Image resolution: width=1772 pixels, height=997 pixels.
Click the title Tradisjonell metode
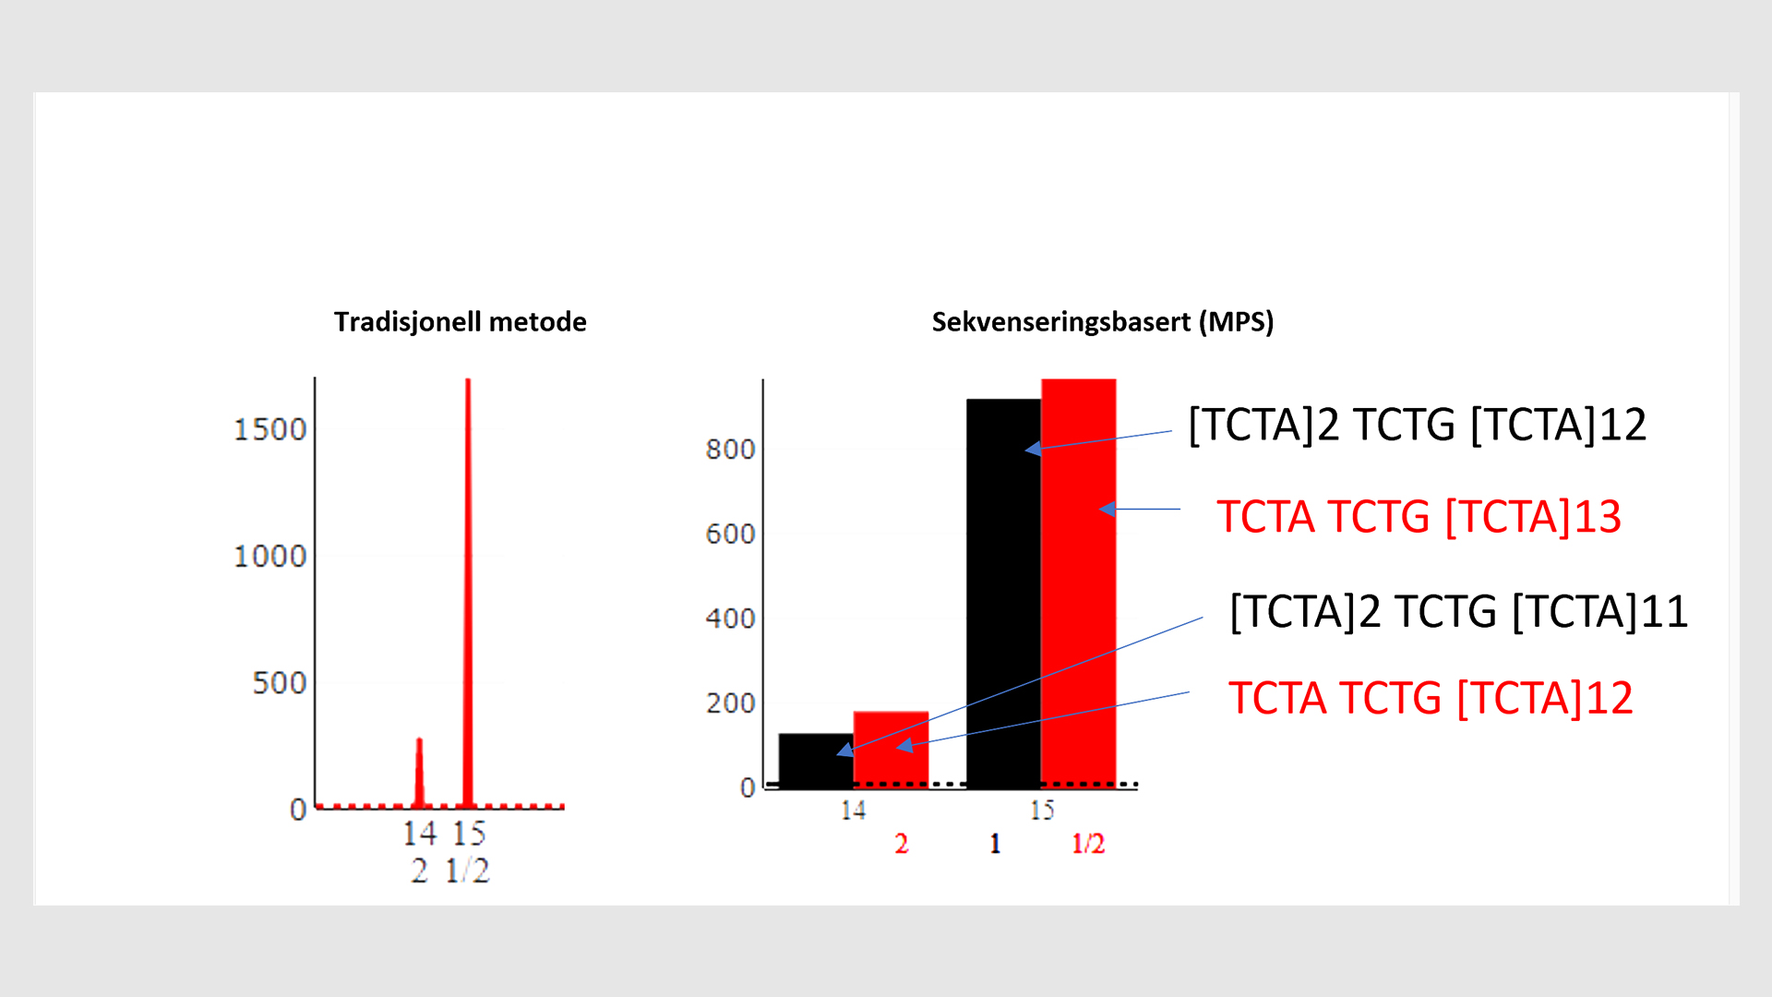point(460,321)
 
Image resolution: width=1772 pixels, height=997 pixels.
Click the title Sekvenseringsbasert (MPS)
point(1102,321)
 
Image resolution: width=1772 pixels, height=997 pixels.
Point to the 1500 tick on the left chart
point(269,429)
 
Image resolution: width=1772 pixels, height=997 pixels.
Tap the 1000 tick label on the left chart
point(269,556)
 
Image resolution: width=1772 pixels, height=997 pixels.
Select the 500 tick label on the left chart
point(279,683)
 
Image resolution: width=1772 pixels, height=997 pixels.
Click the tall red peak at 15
point(468,591)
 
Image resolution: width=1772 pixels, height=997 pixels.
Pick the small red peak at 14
point(419,775)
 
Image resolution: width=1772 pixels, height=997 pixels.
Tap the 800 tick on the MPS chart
point(730,450)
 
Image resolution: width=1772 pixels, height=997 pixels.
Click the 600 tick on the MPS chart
point(730,534)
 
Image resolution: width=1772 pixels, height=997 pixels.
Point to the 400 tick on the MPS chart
point(730,619)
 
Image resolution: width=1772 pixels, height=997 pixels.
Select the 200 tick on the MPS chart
point(730,703)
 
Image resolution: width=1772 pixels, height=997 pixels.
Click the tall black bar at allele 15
point(1003,591)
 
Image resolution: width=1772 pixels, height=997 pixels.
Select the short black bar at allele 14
point(816,759)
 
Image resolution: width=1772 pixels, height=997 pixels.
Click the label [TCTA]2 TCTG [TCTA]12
point(1417,425)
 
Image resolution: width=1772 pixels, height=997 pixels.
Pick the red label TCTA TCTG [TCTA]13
point(1419,516)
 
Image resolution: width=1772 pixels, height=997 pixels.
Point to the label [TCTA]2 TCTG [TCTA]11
point(1458,611)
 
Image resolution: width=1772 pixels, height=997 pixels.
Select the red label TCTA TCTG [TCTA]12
point(1431,698)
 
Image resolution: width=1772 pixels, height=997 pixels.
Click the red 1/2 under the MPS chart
point(1087,843)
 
